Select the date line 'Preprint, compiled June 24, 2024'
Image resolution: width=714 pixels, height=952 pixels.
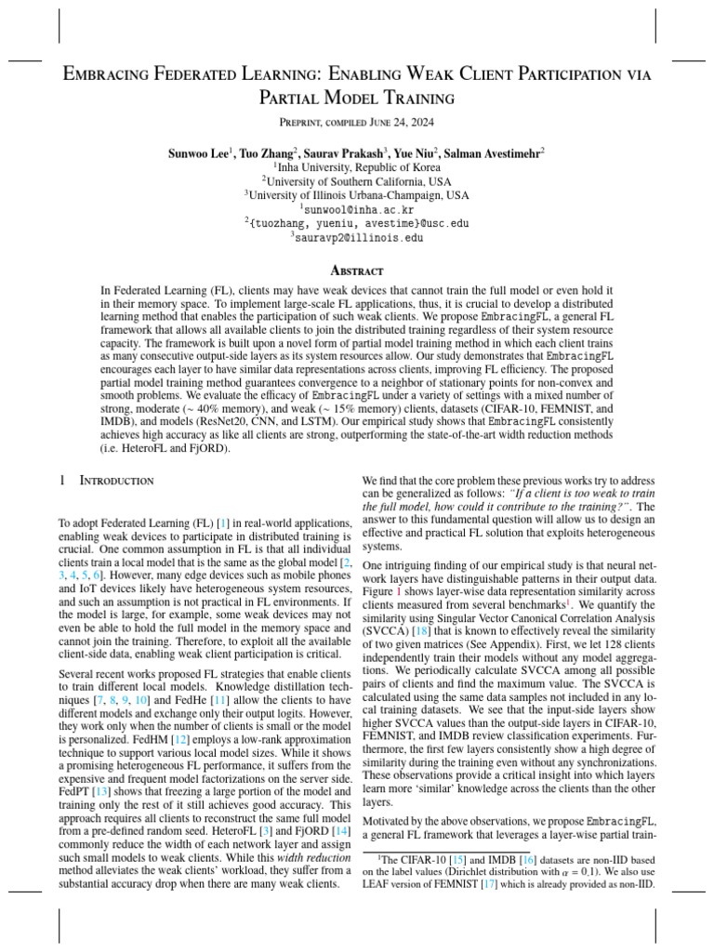[357, 123]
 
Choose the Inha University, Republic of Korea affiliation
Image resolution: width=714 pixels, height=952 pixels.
[357, 166]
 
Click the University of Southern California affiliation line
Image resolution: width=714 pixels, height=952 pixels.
[357, 181]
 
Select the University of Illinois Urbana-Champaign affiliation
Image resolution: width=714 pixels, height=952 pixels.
[357, 195]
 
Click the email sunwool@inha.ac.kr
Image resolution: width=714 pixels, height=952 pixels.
[357, 209]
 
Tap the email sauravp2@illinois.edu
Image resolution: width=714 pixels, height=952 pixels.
[357, 238]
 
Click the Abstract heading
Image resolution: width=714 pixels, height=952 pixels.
[357, 271]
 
